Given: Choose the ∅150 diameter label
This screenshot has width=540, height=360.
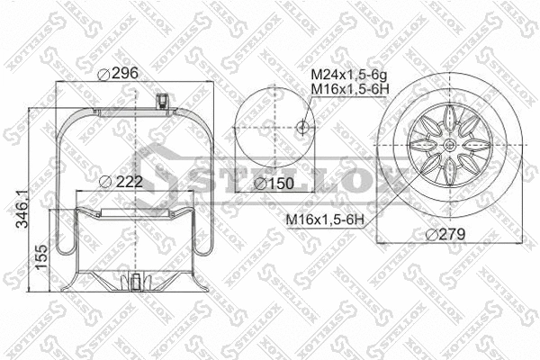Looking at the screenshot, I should [x=271, y=183].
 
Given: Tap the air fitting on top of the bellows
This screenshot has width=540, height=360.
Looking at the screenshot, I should [x=163, y=100].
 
